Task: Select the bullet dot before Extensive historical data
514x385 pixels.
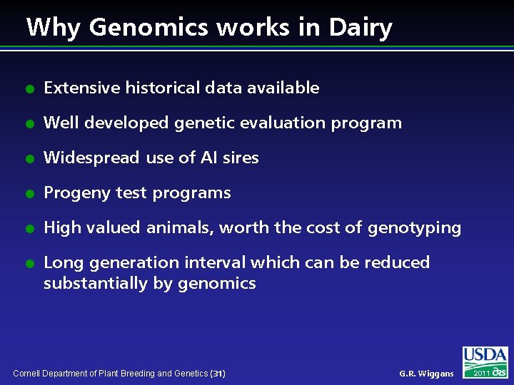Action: tap(30, 88)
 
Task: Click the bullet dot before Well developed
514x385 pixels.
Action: tap(30, 123)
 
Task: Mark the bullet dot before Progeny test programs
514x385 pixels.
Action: tap(30, 193)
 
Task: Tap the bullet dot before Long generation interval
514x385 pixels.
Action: tap(30, 263)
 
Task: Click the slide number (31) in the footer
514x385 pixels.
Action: tap(218, 374)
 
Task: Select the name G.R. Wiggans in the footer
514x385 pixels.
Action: tap(426, 374)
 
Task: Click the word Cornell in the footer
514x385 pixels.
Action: tap(27, 374)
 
